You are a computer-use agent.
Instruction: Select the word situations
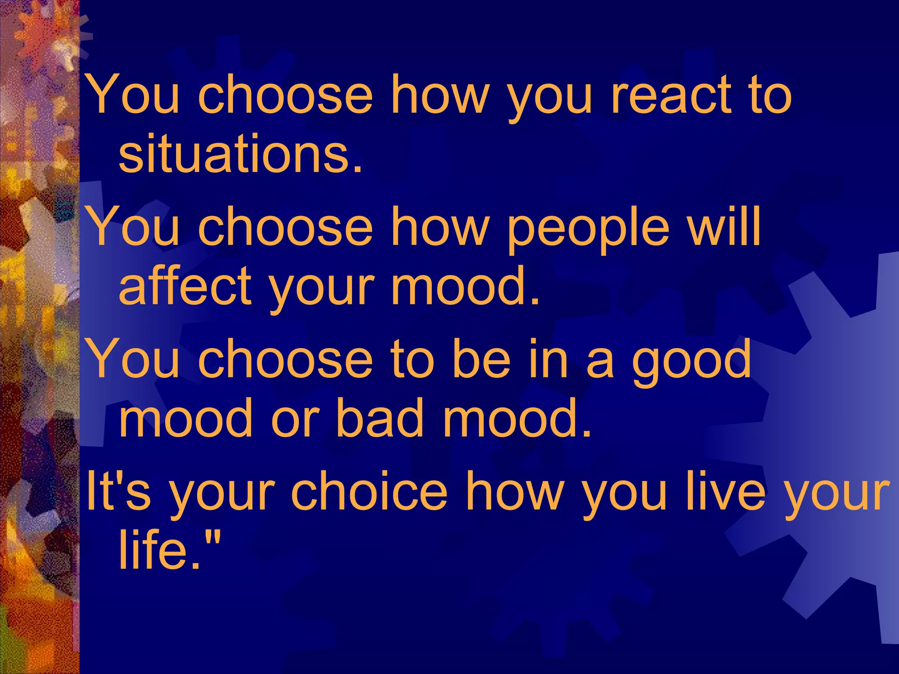(241, 154)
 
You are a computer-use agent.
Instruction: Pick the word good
(691, 362)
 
